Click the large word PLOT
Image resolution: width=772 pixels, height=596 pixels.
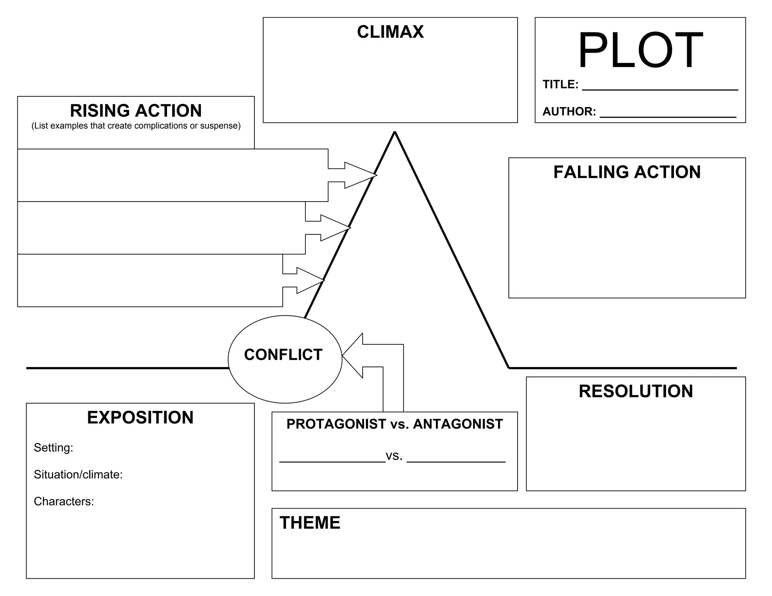pyautogui.click(x=640, y=50)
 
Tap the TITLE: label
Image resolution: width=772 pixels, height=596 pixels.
pyautogui.click(x=560, y=84)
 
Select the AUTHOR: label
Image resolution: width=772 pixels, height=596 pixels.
pyautogui.click(x=569, y=112)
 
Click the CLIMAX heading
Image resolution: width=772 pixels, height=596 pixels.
pyautogui.click(x=390, y=32)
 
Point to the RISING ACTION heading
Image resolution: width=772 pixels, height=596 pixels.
pyautogui.click(x=136, y=111)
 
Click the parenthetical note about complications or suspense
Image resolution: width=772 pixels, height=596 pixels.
pyautogui.click(x=136, y=126)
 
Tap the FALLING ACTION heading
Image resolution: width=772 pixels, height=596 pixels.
pyautogui.click(x=627, y=172)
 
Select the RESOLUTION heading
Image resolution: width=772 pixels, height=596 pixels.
pyautogui.click(x=636, y=391)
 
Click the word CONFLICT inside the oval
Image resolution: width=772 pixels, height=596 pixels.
pyautogui.click(x=283, y=355)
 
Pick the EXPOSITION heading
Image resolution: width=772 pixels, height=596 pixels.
pyautogui.click(x=140, y=417)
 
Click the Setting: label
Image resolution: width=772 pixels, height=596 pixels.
pyautogui.click(x=54, y=448)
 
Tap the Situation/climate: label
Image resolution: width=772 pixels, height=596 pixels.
pyautogui.click(x=78, y=474)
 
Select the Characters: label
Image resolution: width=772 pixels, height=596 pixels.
pyautogui.click(x=64, y=501)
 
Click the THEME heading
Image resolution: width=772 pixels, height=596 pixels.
pyautogui.click(x=310, y=523)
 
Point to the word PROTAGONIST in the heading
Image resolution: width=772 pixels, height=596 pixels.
pyautogui.click(x=336, y=424)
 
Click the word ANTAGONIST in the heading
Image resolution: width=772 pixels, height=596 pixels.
pyautogui.click(x=458, y=424)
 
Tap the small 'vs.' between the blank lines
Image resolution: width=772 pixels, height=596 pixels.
pyautogui.click(x=394, y=456)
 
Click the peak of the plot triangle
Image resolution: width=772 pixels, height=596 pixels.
pyautogui.click(x=395, y=133)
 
